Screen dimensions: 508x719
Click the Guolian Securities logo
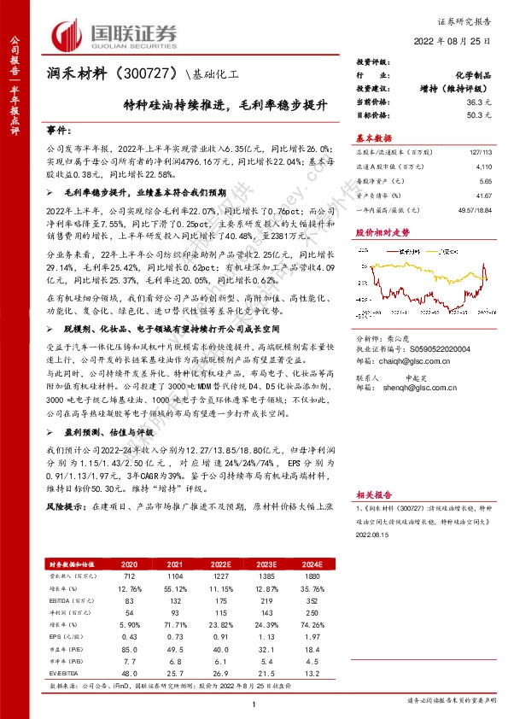point(115,33)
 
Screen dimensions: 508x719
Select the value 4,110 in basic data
point(484,169)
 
